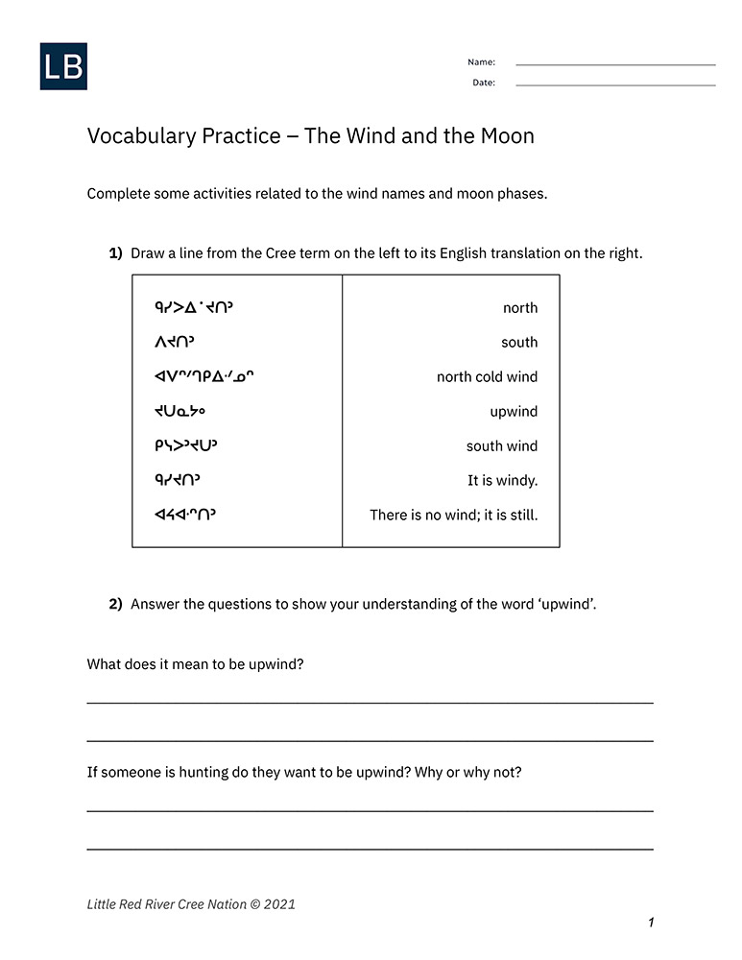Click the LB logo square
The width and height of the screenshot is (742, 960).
tap(63, 66)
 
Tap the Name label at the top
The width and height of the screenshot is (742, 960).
tap(481, 62)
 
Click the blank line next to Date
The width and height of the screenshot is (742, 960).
tap(614, 84)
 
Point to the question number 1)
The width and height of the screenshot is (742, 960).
tap(115, 253)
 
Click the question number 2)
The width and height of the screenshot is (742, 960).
tap(115, 604)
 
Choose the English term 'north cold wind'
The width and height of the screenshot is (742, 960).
tap(487, 377)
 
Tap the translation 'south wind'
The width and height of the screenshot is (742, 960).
tap(501, 446)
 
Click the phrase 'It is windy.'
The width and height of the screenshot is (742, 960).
tap(502, 481)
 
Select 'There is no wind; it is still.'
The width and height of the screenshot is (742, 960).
tap(453, 516)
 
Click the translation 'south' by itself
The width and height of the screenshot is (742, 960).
tap(519, 343)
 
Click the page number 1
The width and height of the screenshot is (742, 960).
tap(651, 923)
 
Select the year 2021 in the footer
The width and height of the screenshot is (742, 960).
tap(279, 904)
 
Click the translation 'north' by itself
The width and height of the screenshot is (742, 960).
tap(520, 308)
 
